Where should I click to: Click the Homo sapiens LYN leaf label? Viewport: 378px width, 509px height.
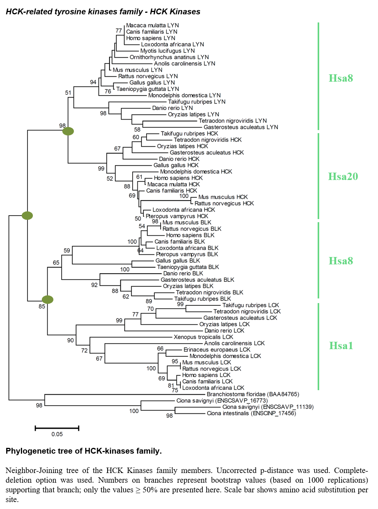coord(151,38)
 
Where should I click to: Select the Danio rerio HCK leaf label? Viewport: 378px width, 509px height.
coord(179,159)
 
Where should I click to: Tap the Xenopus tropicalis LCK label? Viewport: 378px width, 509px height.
coord(203,337)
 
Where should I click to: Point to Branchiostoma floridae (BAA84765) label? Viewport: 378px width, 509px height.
coord(253,394)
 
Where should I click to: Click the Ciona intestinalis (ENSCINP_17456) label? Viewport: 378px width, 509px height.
coord(251,413)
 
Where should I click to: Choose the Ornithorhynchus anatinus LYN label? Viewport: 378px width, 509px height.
coord(169,57)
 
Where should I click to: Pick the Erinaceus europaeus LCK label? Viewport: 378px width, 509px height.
coord(217,350)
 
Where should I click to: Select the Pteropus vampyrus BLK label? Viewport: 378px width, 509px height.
coord(187,254)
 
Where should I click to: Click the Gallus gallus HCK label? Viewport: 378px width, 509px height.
coord(176,165)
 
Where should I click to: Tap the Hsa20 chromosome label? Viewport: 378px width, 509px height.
coord(343,176)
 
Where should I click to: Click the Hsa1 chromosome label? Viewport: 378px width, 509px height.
coord(341,346)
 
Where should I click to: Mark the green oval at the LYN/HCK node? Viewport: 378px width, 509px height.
coord(68,131)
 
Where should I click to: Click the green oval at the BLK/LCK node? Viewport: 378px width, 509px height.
coord(48,300)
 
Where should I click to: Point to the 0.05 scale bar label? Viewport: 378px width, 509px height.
coord(57,434)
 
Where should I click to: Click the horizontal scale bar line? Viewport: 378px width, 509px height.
coord(57,428)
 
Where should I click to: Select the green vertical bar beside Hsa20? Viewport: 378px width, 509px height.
coord(318,176)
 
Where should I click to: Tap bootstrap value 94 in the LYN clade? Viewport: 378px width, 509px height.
coord(93,82)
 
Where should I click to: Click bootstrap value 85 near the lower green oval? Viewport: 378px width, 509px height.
coord(42,306)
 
